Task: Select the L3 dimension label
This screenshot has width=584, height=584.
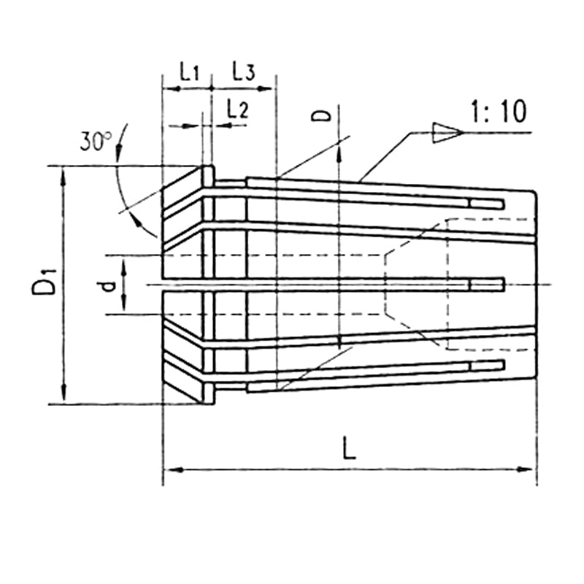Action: [x=244, y=71]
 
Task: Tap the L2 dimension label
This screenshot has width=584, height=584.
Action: [x=238, y=109]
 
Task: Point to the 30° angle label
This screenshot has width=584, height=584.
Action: [x=96, y=141]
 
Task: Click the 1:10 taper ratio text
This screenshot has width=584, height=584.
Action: [x=499, y=111]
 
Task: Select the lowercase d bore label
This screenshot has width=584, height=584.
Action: [x=108, y=287]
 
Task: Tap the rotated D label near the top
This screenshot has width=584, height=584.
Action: [x=321, y=115]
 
